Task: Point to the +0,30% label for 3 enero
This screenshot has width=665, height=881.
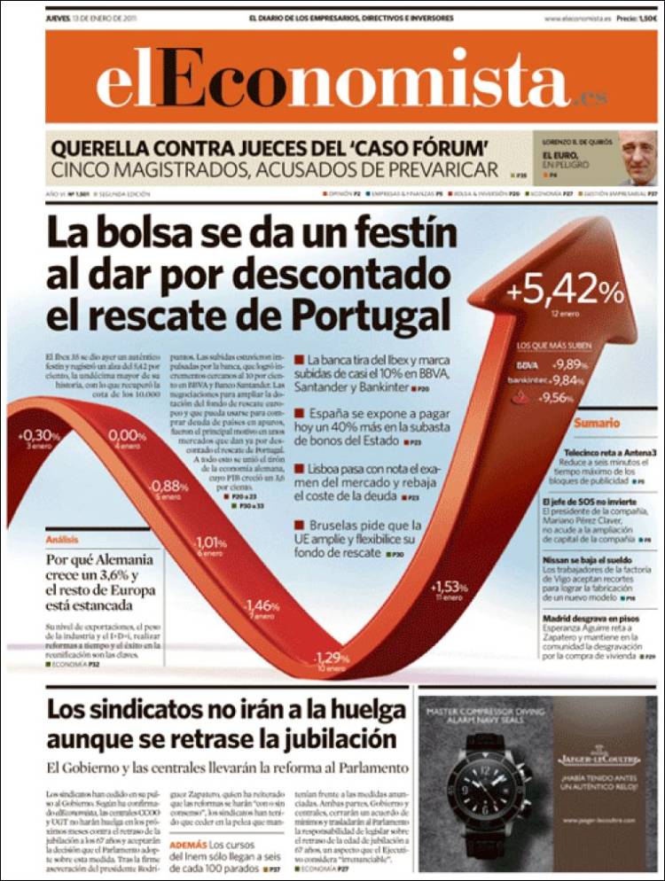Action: tap(39, 435)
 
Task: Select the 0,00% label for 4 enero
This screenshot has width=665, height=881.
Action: tap(127, 435)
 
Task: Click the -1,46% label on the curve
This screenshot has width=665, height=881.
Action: tap(262, 605)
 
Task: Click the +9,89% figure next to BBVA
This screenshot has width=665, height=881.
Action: tap(568, 364)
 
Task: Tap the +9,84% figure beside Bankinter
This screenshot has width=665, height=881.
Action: tap(568, 380)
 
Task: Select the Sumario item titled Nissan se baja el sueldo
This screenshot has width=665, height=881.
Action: tap(588, 561)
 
